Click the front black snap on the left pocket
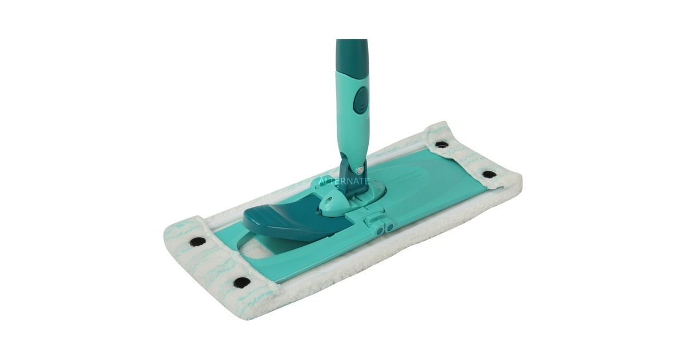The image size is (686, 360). tap(242, 282)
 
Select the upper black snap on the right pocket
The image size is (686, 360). tap(441, 145)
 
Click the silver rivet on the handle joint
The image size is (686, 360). tap(358, 169)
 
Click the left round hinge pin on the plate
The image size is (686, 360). tap(379, 228)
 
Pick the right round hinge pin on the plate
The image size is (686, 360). tap(389, 227)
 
